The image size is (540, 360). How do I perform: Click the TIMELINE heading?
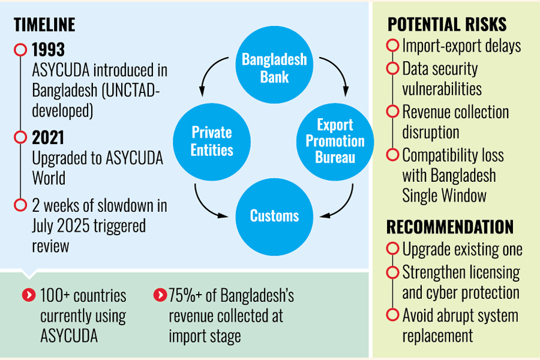(44, 25)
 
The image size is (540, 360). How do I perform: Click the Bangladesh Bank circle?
(274, 68)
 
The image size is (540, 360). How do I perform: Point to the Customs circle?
(274, 215)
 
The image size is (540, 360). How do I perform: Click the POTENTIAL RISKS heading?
(447, 25)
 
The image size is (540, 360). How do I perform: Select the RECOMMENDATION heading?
(450, 227)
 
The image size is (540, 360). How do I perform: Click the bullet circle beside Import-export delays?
(393, 46)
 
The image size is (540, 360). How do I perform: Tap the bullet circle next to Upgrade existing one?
(393, 248)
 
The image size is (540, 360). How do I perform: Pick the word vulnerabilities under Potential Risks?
(442, 89)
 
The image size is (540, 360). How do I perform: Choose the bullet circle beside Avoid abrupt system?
(393, 315)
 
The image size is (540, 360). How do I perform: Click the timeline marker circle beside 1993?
(20, 49)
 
